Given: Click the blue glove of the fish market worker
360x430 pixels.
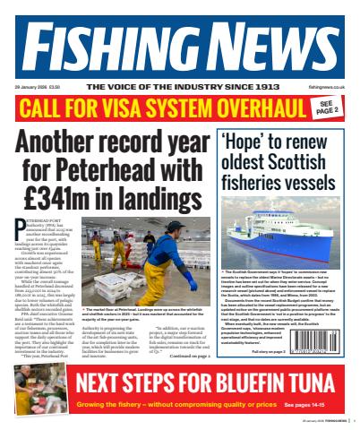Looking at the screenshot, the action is click(x=190, y=284).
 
